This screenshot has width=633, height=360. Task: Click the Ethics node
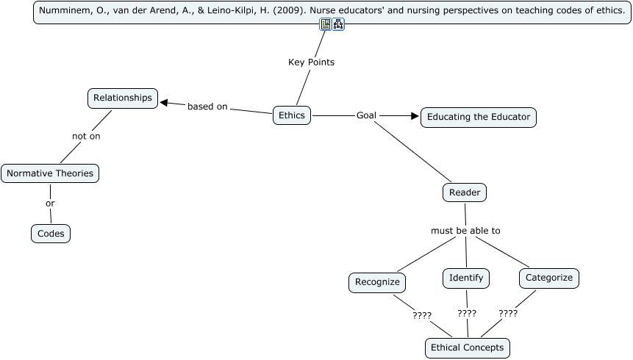point(292,115)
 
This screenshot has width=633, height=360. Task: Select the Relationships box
point(123,98)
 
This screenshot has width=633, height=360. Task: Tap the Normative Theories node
point(50,173)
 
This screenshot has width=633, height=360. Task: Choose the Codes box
point(51,234)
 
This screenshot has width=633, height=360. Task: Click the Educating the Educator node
point(479,117)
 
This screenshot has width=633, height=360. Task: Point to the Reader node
point(465,192)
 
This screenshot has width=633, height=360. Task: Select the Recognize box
point(377,282)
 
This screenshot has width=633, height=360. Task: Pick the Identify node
point(466,278)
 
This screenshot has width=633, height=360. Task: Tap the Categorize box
point(549,278)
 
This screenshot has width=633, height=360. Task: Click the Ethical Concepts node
point(467,348)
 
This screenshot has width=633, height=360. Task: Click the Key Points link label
point(311,62)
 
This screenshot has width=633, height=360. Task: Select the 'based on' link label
point(207,107)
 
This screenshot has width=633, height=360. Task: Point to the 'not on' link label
point(86,136)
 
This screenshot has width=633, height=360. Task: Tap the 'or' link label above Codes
point(50,204)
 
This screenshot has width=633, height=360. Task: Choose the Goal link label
point(366,115)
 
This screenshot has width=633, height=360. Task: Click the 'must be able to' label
point(465,231)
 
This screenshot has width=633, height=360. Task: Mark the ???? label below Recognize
point(421,316)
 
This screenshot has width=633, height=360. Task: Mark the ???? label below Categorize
point(508,313)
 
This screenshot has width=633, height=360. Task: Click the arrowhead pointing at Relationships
point(165,103)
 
